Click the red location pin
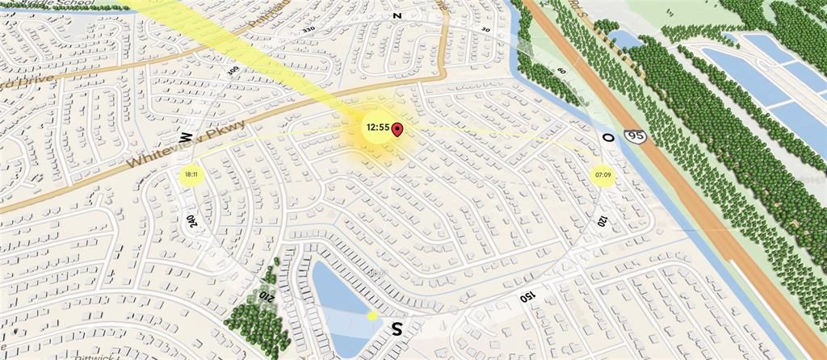click(x=397, y=128)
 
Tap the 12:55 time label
click(x=377, y=128)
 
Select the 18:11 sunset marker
click(x=191, y=174)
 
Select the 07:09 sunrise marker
click(x=603, y=174)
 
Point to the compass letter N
click(x=397, y=15)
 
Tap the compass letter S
click(x=397, y=329)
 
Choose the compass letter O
click(x=607, y=138)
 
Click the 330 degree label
click(x=308, y=30)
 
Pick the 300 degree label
click(x=233, y=70)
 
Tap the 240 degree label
click(x=191, y=220)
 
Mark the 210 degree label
click(x=266, y=297)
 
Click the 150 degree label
click(x=527, y=296)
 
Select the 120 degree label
click(x=602, y=220)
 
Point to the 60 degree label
click(x=560, y=70)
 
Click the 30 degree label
click(x=485, y=30)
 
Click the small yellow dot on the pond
click(x=372, y=316)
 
